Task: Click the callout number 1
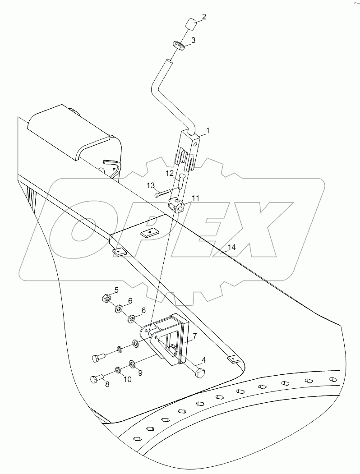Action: tap(208, 131)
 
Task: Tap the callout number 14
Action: tap(232, 247)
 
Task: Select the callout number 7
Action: tap(194, 336)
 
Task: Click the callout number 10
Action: tap(128, 379)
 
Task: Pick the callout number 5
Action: tap(116, 290)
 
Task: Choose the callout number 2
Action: tap(204, 17)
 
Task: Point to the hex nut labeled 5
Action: tap(103, 298)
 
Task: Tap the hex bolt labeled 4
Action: tap(199, 373)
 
